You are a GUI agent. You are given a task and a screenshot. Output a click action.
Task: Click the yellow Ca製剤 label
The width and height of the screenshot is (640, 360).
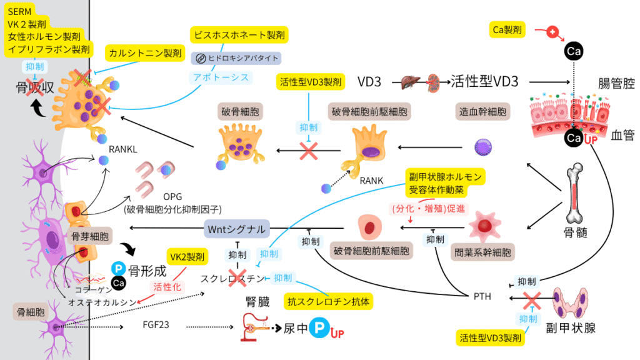507,29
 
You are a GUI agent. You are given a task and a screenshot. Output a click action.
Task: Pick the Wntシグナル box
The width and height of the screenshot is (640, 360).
237,227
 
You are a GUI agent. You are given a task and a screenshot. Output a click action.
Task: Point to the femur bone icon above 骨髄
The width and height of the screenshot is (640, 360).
576,194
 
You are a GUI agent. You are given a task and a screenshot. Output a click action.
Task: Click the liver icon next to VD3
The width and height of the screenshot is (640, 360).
409,81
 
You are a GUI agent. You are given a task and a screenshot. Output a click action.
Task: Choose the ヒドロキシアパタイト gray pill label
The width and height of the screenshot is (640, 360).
237,58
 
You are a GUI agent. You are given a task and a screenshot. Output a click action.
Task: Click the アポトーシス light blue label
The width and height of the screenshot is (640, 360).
220,77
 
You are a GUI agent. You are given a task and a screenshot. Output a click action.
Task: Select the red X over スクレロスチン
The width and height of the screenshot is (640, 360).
237,277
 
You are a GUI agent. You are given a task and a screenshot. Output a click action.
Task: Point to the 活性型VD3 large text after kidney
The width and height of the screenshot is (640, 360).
489,81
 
